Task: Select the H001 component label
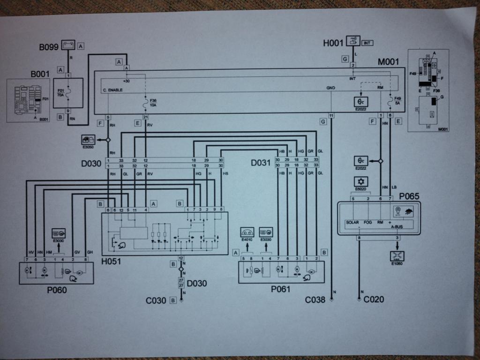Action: coord(333,43)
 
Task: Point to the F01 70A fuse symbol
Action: coord(68,90)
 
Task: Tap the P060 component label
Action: coord(57,290)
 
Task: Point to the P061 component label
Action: coord(281,289)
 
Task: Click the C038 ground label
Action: coord(315,300)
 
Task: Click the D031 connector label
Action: coord(261,163)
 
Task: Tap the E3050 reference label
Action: coord(89,146)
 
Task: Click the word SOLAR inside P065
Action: coord(352,222)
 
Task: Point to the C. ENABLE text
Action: coord(113,89)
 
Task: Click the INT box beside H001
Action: coord(367,43)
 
